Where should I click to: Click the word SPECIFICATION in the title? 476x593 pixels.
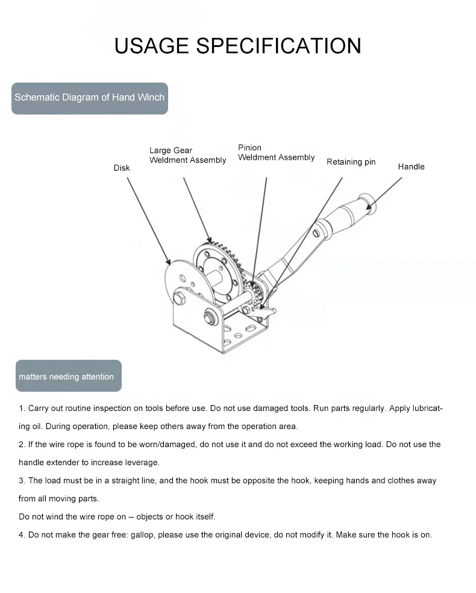click(279, 46)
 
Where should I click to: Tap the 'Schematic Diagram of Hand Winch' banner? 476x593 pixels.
click(89, 97)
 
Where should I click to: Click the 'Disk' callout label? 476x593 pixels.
click(122, 168)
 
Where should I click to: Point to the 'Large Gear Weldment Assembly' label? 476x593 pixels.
click(187, 155)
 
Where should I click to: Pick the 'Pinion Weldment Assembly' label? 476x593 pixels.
click(276, 152)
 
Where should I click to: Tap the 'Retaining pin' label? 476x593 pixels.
click(351, 162)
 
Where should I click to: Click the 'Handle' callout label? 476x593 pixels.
click(411, 167)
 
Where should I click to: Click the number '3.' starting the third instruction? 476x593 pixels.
click(22, 481)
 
